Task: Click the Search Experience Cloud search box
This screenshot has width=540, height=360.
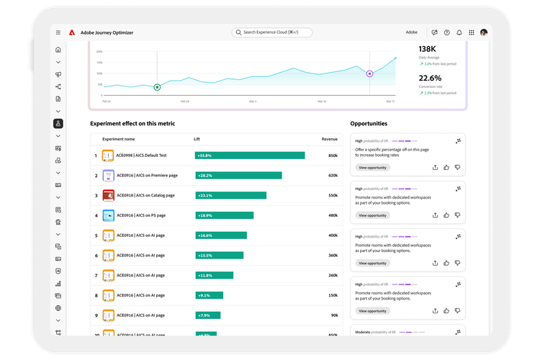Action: [x=272, y=32]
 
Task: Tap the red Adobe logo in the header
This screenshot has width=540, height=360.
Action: [x=72, y=32]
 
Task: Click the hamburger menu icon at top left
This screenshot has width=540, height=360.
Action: [x=58, y=32]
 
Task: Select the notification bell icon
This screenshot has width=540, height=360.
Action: [x=459, y=32]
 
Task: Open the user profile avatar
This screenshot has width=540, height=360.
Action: [x=484, y=32]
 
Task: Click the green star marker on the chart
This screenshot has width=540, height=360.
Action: [x=157, y=87]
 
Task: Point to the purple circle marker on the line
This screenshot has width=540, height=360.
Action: [x=370, y=73]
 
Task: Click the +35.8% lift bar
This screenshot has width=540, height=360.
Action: [x=250, y=155]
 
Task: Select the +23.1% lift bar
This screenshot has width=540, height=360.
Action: [x=230, y=195]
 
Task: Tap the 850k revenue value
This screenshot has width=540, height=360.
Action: [x=333, y=155]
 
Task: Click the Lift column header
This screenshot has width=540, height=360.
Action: [x=197, y=139]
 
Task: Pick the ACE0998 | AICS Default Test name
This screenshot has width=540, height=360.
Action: [x=142, y=155]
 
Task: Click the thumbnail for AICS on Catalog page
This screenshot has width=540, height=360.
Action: [x=108, y=195]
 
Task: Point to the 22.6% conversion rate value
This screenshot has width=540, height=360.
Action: [x=431, y=78]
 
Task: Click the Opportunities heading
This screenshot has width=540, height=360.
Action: [x=369, y=124]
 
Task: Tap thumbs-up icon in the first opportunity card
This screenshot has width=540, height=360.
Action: [x=446, y=167]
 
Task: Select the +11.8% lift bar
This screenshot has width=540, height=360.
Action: [x=215, y=275]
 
